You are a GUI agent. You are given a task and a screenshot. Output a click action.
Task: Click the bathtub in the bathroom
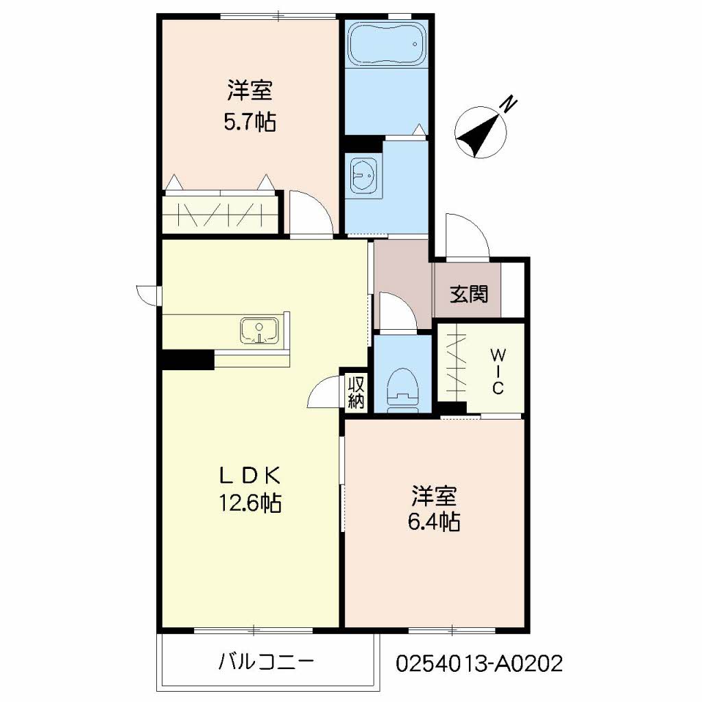tap(386, 44)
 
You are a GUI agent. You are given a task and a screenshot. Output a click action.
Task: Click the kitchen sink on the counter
tap(258, 331)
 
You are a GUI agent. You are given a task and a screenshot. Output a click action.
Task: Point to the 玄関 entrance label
tap(469, 294)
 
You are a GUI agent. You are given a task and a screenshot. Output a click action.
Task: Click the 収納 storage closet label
tap(356, 392)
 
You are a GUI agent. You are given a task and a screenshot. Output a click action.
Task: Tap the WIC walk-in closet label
tap(498, 372)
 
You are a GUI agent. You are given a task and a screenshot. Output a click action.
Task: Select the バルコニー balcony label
tap(267, 662)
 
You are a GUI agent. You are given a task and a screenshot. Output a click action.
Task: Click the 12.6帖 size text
tap(250, 503)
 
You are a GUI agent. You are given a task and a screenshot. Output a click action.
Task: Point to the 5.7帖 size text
tap(250, 121)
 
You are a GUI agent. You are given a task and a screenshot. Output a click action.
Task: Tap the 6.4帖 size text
tap(434, 522)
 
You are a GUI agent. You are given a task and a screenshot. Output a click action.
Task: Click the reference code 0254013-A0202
tap(479, 663)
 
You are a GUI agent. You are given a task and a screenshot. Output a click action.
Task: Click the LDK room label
tap(250, 476)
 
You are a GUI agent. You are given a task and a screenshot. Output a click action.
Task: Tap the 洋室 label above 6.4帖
tap(434, 495)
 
